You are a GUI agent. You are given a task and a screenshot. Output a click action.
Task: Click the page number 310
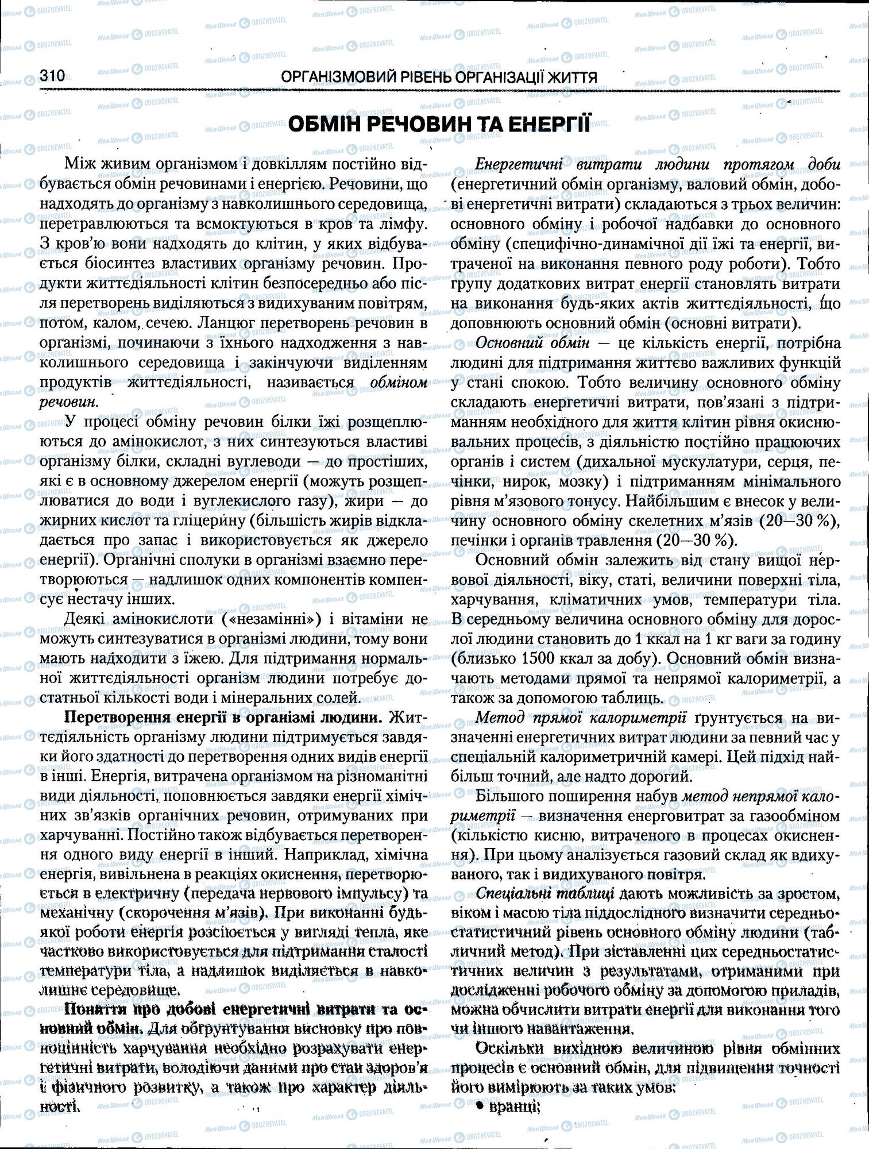(x=52, y=76)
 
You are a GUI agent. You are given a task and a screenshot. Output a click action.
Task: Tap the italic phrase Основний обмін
(x=533, y=344)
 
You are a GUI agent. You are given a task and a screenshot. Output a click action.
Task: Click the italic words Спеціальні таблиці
(x=545, y=894)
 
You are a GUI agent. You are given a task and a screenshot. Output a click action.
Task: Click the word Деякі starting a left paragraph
(x=84, y=619)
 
